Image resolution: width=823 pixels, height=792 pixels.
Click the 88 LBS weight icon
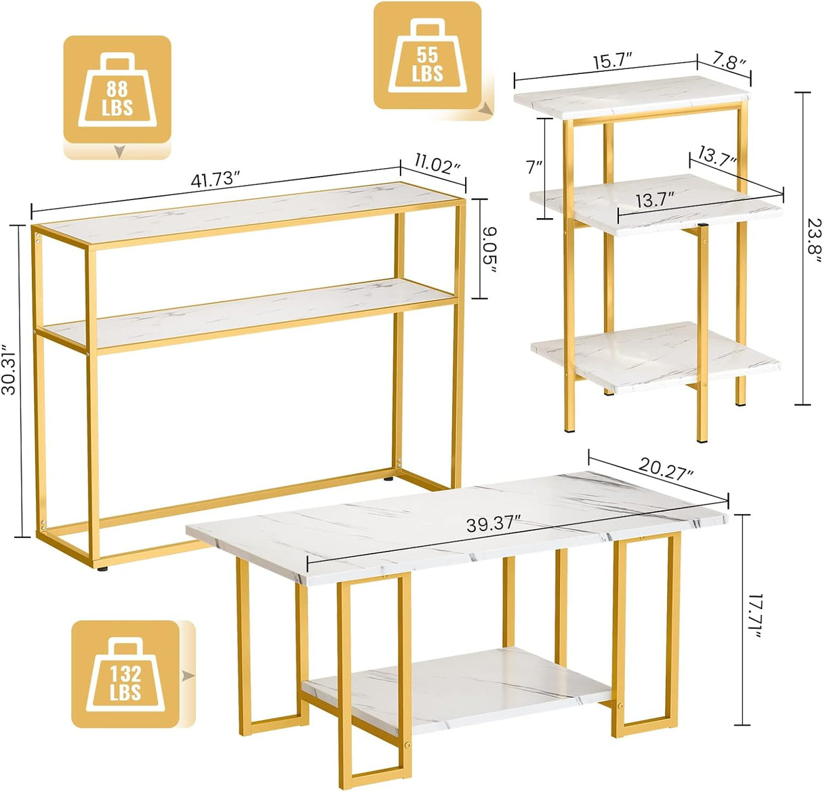click(117, 89)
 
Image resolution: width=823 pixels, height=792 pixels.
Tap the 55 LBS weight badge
click(427, 55)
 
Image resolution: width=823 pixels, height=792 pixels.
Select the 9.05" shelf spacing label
click(489, 249)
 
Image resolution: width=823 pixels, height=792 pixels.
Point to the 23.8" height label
click(814, 236)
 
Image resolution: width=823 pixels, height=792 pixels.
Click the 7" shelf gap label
click(534, 168)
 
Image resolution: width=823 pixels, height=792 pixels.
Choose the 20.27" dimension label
click(666, 468)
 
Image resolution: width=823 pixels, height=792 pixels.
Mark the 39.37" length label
click(493, 525)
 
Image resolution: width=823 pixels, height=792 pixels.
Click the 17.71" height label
click(754, 621)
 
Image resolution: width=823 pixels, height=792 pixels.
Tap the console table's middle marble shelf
click(249, 313)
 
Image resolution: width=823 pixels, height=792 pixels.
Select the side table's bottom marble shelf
click(656, 357)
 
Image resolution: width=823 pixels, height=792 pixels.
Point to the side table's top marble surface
click(632, 96)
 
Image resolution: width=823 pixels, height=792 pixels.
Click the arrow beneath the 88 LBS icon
click(120, 151)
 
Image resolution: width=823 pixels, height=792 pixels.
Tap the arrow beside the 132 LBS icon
click(188, 675)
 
